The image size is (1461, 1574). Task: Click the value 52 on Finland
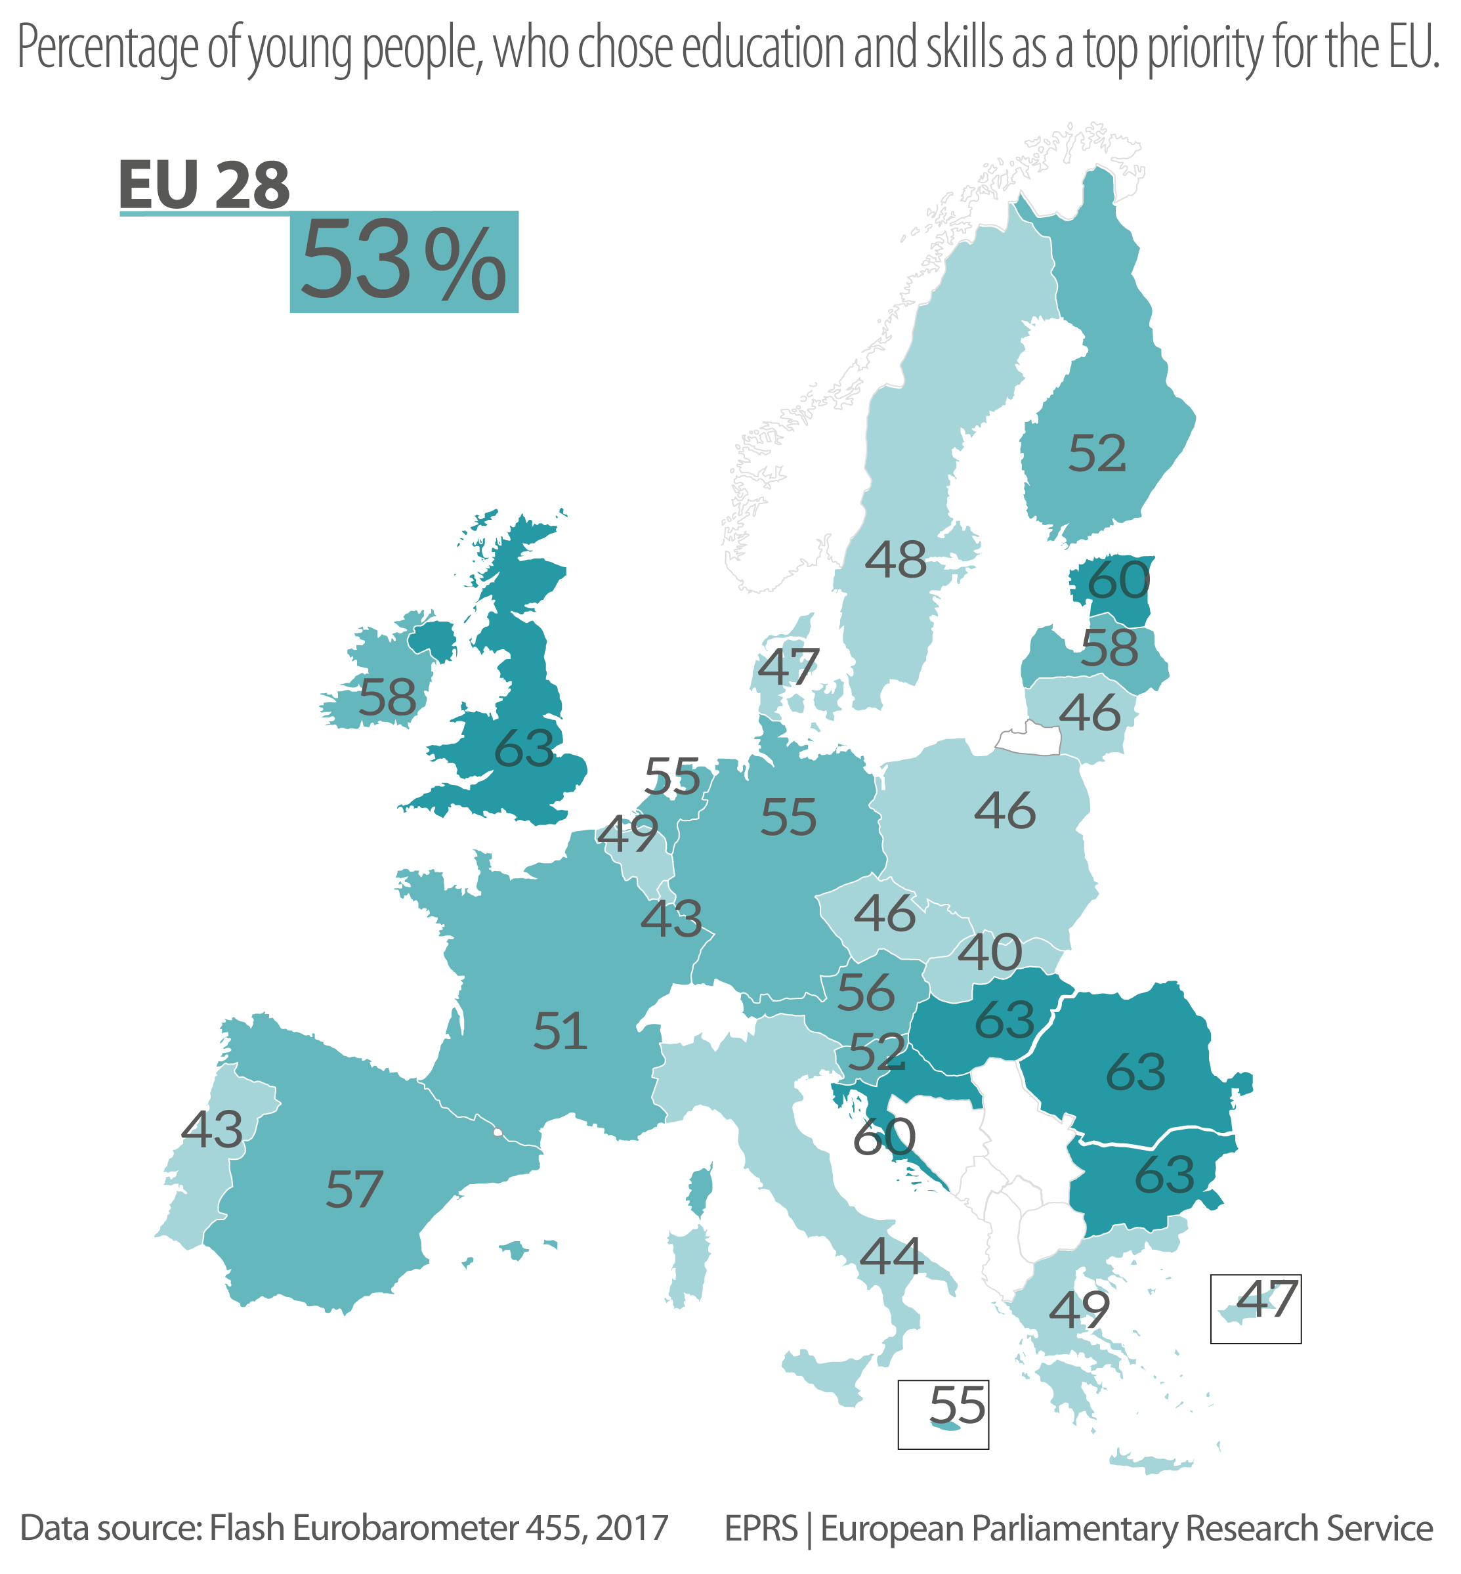[x=1097, y=454]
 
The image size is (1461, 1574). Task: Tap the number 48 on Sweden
[x=895, y=560]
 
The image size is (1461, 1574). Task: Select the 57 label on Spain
[x=354, y=1190]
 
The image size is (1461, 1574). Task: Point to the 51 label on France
[x=560, y=1032]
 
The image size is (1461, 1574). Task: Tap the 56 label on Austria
[x=866, y=992]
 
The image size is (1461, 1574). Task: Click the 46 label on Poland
[x=1004, y=811]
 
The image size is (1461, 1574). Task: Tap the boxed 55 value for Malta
[x=957, y=1405]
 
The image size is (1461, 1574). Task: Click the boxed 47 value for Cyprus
[x=1265, y=1299]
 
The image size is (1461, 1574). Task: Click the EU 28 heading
[x=205, y=185]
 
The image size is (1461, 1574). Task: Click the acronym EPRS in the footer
[x=761, y=1528]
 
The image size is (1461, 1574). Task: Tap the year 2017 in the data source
[x=631, y=1528]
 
